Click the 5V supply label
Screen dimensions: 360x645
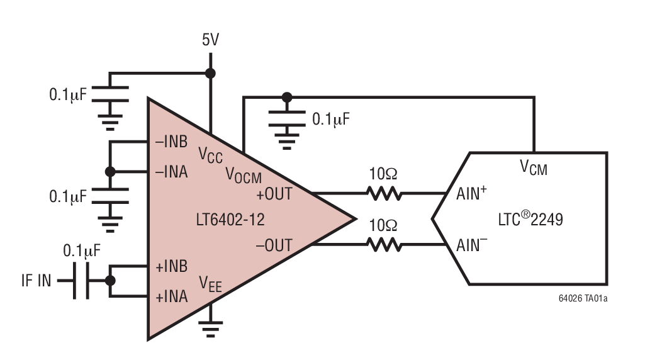click(211, 40)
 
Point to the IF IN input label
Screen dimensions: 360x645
click(36, 281)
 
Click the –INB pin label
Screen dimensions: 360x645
click(172, 142)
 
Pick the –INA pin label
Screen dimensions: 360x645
click(172, 172)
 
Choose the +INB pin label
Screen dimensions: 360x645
click(172, 266)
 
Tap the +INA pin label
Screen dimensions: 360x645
click(172, 296)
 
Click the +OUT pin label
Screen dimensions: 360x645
click(274, 194)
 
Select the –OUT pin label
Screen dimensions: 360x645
click(274, 245)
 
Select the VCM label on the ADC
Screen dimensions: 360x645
click(534, 167)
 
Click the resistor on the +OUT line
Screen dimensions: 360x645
click(384, 194)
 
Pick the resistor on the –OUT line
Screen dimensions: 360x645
click(384, 245)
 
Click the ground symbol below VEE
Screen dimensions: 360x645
click(211, 326)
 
